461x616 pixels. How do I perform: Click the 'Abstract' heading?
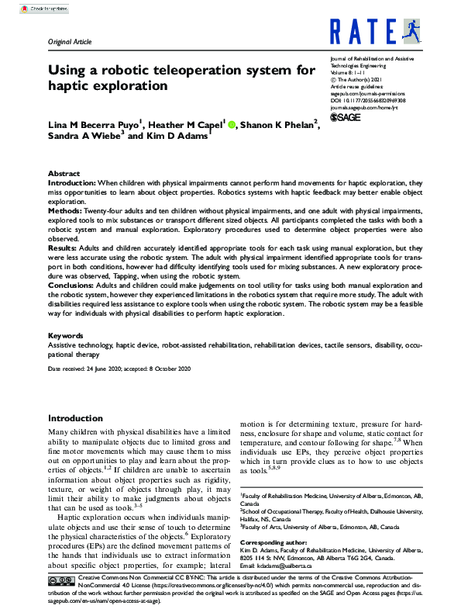click(64, 174)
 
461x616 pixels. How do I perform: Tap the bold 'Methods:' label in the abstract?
click(67, 210)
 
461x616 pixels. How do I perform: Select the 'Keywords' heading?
click(66, 335)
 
